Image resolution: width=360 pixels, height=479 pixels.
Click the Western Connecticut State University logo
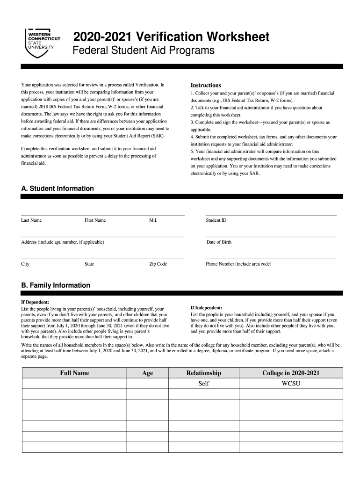42,41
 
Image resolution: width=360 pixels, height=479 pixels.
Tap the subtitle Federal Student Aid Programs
143,51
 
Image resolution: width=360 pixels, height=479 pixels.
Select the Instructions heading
205,85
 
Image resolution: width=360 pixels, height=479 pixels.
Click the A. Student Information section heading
58,189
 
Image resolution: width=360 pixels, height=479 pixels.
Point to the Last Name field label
31,220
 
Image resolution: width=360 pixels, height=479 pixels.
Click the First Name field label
95,220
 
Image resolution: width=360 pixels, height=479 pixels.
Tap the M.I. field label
153,220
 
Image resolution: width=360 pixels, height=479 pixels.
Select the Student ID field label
216,220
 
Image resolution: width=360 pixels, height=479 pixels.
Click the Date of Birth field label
219,242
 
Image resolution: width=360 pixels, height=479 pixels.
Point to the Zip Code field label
158,264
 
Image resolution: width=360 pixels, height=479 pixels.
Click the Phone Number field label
238,264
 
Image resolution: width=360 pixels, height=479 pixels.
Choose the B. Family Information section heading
56,285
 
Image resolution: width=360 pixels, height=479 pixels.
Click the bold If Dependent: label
36,302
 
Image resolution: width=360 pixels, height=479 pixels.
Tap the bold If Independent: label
206,308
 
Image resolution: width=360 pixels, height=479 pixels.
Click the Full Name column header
74,373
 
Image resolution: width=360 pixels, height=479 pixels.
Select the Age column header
147,373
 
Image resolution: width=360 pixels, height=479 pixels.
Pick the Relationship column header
203,373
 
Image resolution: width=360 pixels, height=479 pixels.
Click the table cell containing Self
203,384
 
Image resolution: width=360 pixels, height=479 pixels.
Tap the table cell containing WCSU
290,384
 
